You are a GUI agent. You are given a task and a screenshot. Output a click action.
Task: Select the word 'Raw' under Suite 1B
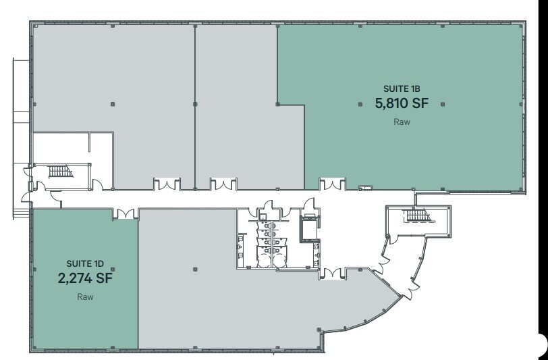[401, 123]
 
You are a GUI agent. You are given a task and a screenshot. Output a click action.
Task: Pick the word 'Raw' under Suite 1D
[84, 297]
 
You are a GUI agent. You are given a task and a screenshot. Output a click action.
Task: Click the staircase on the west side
[59, 171]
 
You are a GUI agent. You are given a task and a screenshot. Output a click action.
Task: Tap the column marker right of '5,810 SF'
[442, 104]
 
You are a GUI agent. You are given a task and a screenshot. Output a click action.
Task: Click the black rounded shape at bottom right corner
[541, 345]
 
